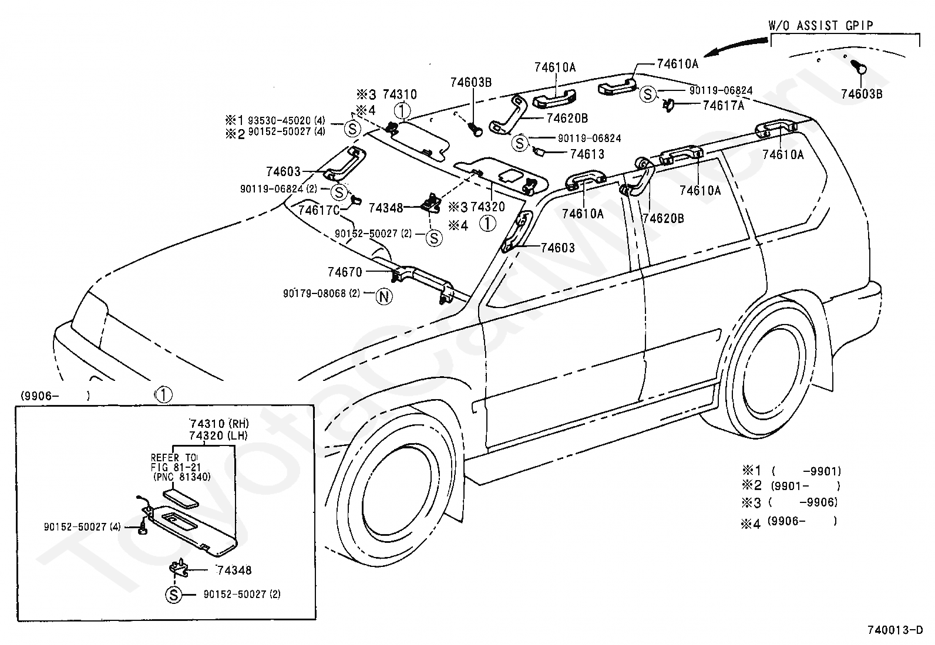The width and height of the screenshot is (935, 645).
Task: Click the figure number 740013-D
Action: coord(895,630)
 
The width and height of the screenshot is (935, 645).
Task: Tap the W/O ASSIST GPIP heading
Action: coord(820,25)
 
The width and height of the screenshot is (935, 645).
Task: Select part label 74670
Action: coord(345,272)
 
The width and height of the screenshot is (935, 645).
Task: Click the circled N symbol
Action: coord(384,296)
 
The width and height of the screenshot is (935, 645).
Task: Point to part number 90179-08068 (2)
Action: coord(321,293)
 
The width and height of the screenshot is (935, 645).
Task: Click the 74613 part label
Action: coord(587,154)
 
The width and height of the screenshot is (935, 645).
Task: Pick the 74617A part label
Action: coord(724,106)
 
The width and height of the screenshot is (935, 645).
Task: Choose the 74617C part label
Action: coord(319,210)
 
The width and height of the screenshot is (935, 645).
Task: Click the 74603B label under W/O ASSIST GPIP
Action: coord(862,94)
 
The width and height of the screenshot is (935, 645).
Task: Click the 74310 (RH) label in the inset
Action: coord(219,424)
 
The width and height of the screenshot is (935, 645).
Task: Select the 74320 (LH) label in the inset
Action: coord(218,435)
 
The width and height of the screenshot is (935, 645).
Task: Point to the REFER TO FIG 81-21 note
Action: coord(175,462)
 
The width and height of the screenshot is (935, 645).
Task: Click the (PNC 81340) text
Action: coord(181,477)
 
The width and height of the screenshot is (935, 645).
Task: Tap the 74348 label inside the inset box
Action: coord(234,570)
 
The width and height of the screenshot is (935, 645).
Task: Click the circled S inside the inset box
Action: coord(174,595)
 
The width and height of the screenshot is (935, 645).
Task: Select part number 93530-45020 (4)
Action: coord(287,120)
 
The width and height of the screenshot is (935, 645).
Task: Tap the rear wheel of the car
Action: coord(767,365)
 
